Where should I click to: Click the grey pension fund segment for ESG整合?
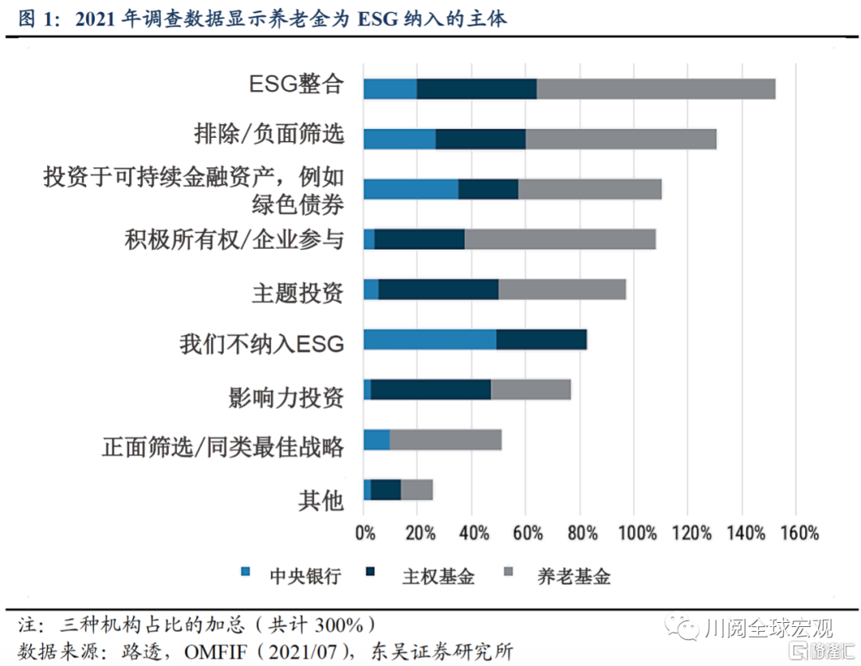[655, 89]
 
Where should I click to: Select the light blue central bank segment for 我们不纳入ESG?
[430, 339]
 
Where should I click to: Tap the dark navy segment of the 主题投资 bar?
[438, 289]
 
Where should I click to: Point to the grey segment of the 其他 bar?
[416, 490]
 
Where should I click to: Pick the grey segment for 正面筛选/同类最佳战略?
[446, 439]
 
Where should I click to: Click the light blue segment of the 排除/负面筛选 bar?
[399, 139]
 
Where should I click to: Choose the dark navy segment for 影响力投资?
[431, 389]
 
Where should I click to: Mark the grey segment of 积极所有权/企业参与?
[560, 238]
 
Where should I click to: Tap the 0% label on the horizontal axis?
[364, 533]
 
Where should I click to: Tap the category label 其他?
[320, 500]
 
